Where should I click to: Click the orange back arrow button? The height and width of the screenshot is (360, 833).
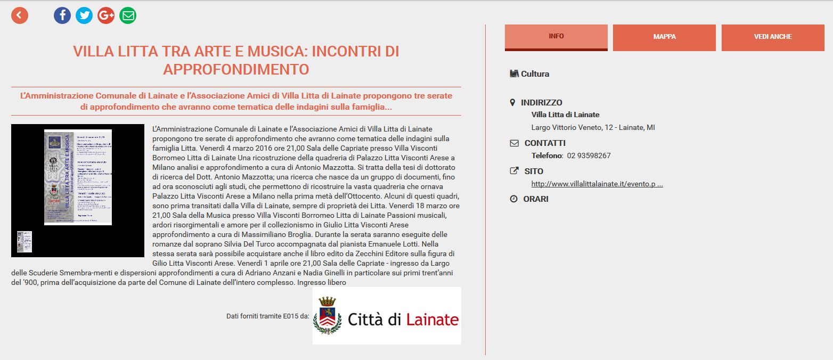tap(20, 15)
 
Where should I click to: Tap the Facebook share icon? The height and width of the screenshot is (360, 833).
tap(62, 15)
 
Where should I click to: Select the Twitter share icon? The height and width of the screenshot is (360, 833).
tap(84, 15)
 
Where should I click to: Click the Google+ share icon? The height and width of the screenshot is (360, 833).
tap(106, 15)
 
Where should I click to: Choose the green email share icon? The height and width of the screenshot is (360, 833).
tap(128, 15)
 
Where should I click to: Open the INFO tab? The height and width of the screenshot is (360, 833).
tap(556, 37)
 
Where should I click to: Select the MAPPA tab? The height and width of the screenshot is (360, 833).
tap(664, 37)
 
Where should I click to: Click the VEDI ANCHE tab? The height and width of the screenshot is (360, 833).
tap(773, 37)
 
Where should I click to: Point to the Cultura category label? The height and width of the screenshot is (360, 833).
tap(535, 74)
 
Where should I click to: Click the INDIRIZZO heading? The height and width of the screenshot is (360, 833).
tap(541, 103)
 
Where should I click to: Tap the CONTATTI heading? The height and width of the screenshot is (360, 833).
tap(545, 143)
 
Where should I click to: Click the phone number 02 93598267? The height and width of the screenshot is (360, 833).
tap(589, 156)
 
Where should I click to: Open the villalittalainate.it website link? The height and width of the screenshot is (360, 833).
tap(597, 184)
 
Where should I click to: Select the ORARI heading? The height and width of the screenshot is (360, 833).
tap(536, 199)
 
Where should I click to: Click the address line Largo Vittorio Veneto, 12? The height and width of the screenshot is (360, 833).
tap(593, 127)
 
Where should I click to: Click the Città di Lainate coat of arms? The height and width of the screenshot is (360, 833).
tap(327, 316)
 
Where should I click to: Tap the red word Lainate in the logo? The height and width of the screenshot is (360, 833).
tap(432, 320)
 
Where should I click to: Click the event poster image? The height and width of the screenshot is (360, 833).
tap(78, 177)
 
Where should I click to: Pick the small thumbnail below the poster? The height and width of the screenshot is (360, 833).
tap(24, 242)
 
